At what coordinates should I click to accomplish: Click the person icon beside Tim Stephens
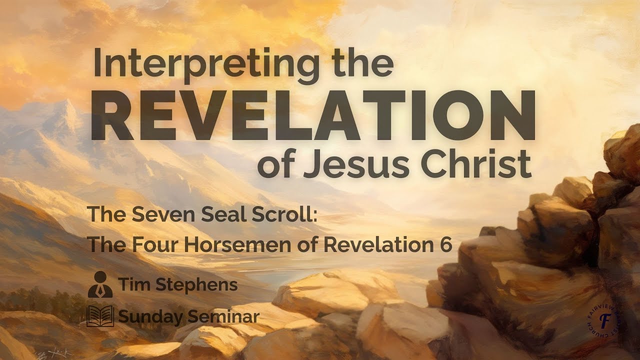[100, 285]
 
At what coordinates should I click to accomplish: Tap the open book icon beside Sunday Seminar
[100, 316]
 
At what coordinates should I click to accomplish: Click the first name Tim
[132, 285]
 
